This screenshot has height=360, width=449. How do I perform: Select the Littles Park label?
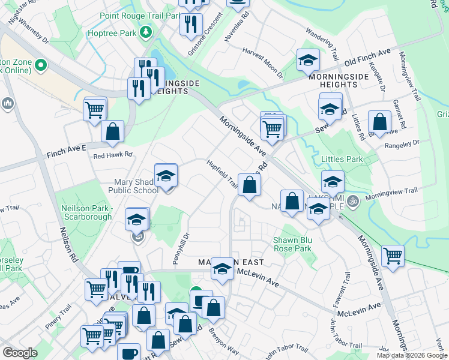pyautogui.click(x=343, y=159)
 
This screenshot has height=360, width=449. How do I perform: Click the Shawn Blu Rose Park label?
pyautogui.click(x=292, y=244)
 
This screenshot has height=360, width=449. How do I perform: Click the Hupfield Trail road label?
pyautogui.click(x=223, y=172)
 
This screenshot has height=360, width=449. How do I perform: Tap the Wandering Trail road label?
pyautogui.click(x=326, y=41)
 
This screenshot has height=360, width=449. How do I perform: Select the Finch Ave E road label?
pyautogui.click(x=67, y=148)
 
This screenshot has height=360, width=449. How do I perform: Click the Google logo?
pyautogui.click(x=20, y=353)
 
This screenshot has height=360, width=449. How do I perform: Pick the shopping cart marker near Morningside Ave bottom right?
pyautogui.click(x=393, y=256)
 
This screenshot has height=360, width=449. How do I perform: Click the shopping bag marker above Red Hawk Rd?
pyautogui.click(x=112, y=131)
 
